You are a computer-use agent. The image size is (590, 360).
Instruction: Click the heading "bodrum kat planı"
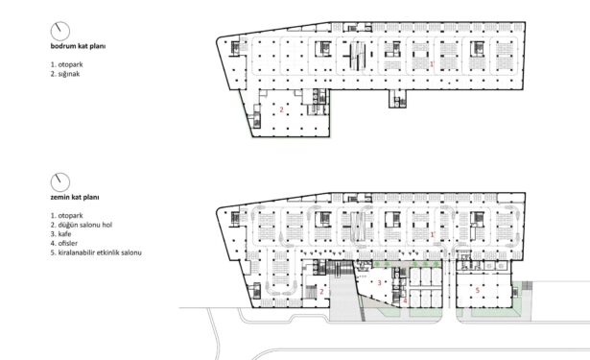point(78,46)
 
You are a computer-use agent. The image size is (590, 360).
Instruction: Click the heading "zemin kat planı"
point(75,198)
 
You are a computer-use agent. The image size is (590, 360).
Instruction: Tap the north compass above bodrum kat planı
point(60,32)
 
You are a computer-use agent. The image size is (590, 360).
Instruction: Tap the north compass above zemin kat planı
point(60,182)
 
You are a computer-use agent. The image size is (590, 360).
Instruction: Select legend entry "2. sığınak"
point(65,74)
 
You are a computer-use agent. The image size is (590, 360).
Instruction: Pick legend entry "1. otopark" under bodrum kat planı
point(66,64)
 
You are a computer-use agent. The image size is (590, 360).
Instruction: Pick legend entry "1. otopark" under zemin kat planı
point(66,216)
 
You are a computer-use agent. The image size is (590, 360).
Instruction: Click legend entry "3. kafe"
point(61,234)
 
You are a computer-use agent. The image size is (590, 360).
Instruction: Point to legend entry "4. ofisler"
point(64,243)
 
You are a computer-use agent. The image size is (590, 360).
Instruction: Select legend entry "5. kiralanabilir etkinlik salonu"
point(96,252)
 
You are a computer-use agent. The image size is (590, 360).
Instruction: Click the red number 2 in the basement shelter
point(281,110)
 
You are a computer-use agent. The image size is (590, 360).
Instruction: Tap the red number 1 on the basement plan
point(432,64)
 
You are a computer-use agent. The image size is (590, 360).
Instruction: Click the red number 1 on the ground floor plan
point(432,234)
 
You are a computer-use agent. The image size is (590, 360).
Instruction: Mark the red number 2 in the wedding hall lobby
point(321,292)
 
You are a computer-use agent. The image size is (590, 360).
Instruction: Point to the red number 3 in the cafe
point(380,283)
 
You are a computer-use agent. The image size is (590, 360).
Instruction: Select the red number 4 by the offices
point(405,300)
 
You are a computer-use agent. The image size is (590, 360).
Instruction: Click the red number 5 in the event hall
point(478,290)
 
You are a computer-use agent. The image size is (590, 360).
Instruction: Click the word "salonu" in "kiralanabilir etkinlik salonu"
point(130,252)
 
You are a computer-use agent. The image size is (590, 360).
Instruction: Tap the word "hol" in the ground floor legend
point(107,225)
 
